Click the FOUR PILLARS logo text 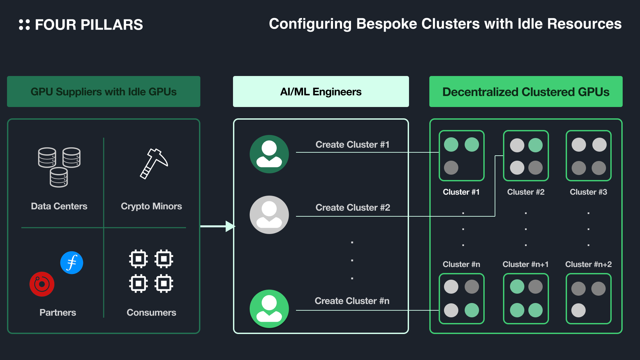(89, 25)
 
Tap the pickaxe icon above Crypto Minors (154, 163)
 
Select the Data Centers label (59, 206)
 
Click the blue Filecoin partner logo (72, 263)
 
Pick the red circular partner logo (42, 284)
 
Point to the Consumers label (151, 313)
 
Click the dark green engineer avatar (269, 154)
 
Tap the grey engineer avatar (269, 215)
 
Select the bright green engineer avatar (269, 309)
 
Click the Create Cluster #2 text (353, 208)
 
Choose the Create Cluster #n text (352, 301)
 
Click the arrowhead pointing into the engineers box (230, 226)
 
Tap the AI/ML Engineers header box (321, 92)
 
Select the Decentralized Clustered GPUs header (526, 92)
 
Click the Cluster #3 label (588, 192)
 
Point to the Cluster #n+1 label (525, 264)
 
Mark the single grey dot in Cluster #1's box (451, 168)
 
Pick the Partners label (58, 313)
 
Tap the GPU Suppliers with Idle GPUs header (104, 92)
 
